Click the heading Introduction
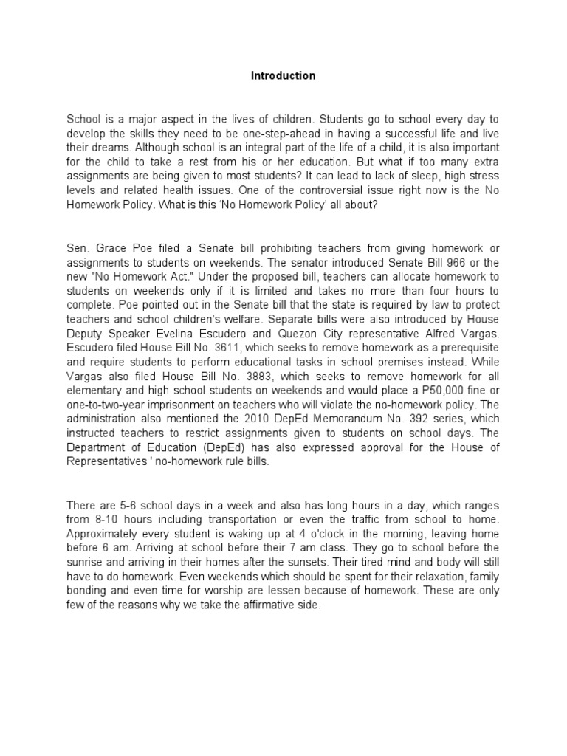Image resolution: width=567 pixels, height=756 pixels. pos(283,75)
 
